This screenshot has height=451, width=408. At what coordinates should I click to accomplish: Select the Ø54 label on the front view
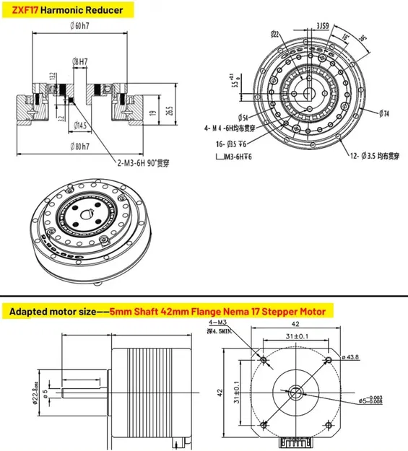pos(245,117)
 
